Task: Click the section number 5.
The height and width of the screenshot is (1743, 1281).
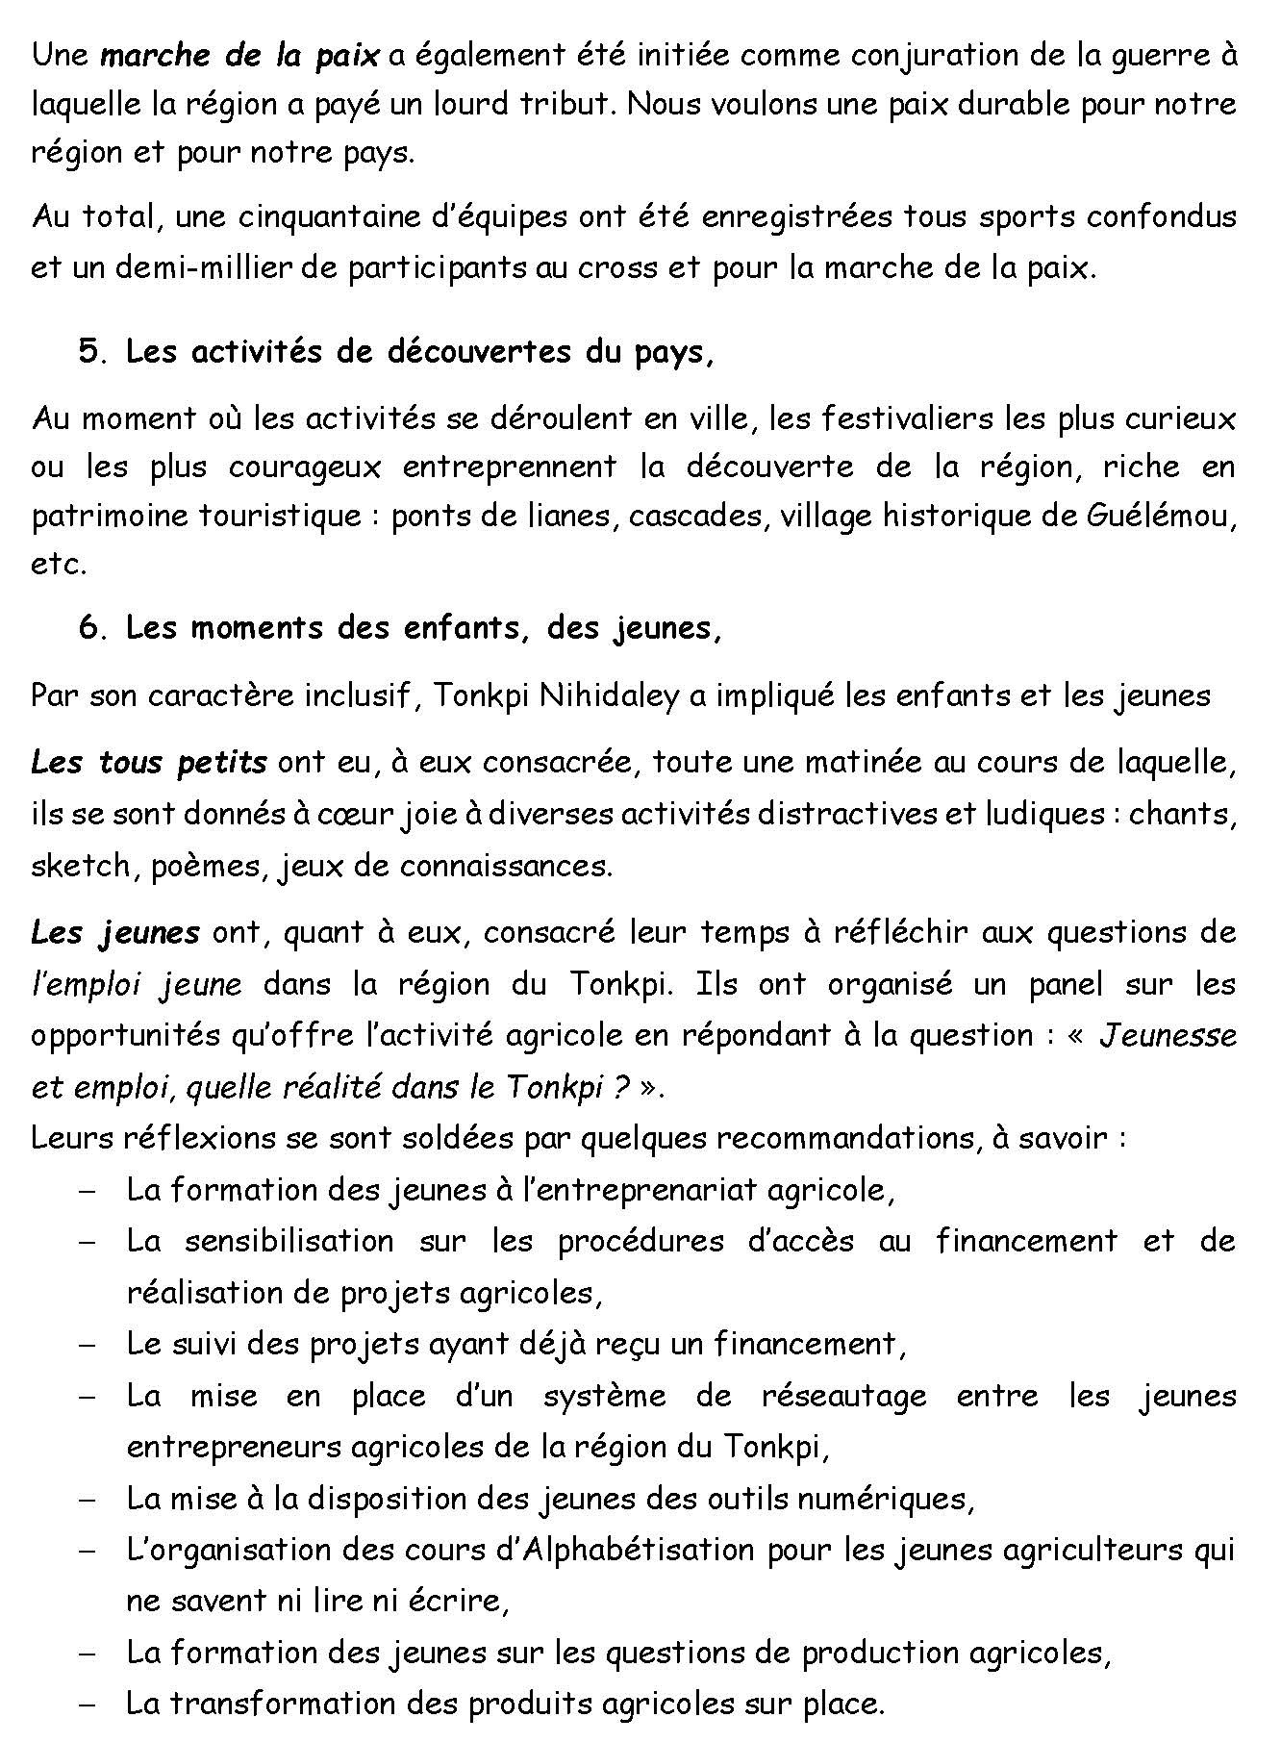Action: pyautogui.click(x=90, y=352)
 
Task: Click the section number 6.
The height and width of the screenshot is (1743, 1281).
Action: pyautogui.click(x=90, y=627)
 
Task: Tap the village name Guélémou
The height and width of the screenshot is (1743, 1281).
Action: pyautogui.click(x=1158, y=517)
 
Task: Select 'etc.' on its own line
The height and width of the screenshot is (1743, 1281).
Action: pyautogui.click(x=59, y=566)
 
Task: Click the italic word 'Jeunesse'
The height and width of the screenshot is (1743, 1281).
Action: pyautogui.click(x=1166, y=1035)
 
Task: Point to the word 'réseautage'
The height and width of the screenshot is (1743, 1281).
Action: pyautogui.click(x=843, y=1396)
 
